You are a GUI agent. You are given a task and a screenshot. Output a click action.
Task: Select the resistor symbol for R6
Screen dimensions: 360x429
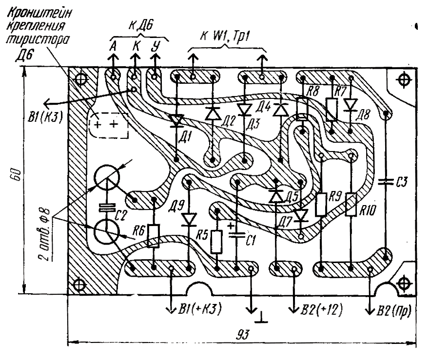(155, 236)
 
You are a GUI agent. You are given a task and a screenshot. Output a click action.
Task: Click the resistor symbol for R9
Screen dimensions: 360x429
(321, 204)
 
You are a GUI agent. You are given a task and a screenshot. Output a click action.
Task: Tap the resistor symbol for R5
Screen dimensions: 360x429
(216, 242)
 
